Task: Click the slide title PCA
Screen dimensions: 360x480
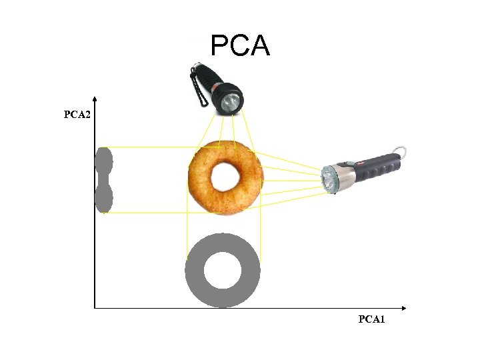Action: coord(240,46)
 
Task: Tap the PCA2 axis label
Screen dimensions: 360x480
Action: coord(77,115)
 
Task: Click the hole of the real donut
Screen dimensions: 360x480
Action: coord(226,177)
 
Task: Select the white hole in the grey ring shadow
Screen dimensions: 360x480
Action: coord(222,270)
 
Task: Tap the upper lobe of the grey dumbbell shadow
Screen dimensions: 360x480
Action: coord(104,161)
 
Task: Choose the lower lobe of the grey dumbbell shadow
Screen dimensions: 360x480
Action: coord(104,198)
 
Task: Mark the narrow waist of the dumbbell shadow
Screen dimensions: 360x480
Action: coord(104,179)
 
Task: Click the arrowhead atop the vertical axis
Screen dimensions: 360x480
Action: coord(95,97)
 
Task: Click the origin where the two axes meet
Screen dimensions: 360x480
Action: coord(95,308)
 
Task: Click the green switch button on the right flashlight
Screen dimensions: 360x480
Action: coord(348,163)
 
